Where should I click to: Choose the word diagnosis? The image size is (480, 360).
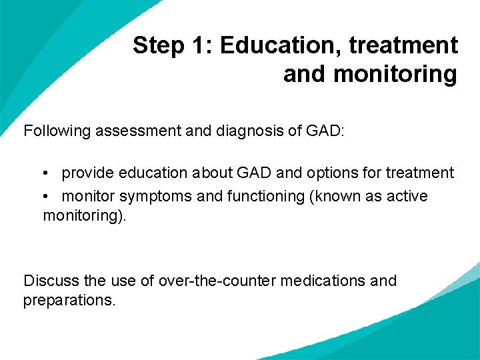pyautogui.click(x=248, y=131)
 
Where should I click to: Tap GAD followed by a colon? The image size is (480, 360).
pyautogui.click(x=325, y=131)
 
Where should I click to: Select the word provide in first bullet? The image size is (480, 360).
pyautogui.click(x=88, y=173)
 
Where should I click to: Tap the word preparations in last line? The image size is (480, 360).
pyautogui.click(x=69, y=300)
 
